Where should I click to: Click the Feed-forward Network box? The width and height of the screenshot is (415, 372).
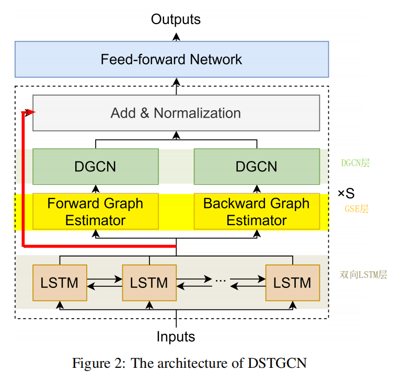tap(171, 59)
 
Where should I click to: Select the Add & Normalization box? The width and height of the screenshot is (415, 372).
tap(176, 113)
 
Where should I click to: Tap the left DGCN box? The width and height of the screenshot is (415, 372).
tap(95, 167)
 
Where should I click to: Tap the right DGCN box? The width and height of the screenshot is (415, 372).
tap(257, 167)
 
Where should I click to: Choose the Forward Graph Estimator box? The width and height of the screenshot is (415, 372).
tap(95, 212)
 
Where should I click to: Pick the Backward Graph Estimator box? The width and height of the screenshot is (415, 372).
tap(257, 212)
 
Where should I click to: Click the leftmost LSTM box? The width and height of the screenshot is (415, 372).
tap(60, 283)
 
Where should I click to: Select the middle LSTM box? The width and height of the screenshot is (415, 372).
tap(149, 283)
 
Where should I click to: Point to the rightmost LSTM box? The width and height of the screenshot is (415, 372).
tap(292, 283)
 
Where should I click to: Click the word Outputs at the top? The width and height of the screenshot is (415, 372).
tap(176, 19)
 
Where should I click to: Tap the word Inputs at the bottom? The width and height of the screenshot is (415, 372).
tap(176, 336)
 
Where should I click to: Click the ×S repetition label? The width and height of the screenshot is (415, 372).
tap(346, 194)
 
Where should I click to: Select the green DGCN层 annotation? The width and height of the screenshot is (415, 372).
tap(355, 164)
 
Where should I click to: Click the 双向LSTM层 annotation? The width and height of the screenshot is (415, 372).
tap(363, 275)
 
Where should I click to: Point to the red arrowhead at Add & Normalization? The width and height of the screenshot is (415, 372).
tap(31, 112)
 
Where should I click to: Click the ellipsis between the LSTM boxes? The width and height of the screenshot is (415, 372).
tap(220, 281)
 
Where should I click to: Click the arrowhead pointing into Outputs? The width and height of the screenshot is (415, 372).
tap(176, 35)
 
